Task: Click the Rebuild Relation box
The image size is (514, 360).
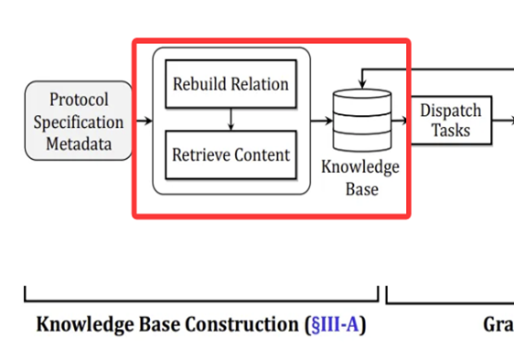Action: (x=230, y=85)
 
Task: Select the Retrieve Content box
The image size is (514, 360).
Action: (x=230, y=154)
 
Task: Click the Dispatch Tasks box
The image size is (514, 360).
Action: (x=451, y=120)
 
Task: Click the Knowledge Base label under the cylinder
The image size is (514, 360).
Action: (x=360, y=179)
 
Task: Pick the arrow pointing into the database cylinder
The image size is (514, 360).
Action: (x=321, y=120)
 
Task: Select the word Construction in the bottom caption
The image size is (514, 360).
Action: (x=246, y=324)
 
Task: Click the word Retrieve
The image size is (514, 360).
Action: (x=199, y=154)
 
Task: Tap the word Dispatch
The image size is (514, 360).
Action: (x=451, y=110)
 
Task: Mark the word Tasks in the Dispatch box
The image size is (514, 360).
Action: (x=451, y=130)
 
